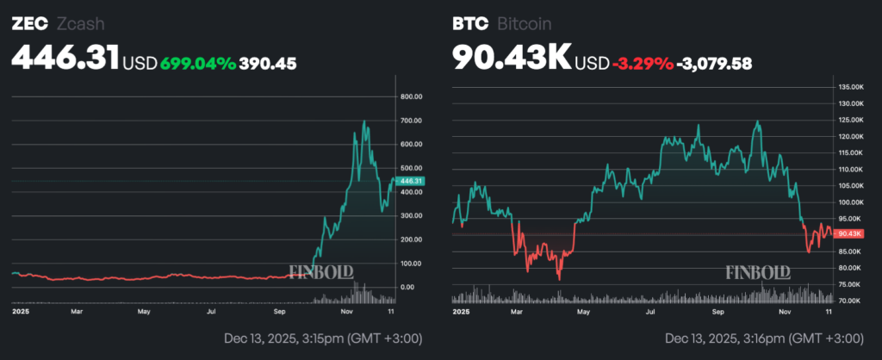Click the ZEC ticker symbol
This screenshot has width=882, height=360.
28,24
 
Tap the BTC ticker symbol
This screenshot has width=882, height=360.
469,24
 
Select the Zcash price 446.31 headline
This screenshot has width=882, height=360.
65,59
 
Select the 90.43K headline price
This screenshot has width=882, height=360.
512,59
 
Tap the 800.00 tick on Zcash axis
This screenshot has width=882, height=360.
412,97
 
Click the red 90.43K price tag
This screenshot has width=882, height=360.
850,233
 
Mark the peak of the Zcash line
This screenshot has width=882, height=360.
365,122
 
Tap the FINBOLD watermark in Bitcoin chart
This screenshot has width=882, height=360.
758,273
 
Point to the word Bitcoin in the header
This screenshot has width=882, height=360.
525,24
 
